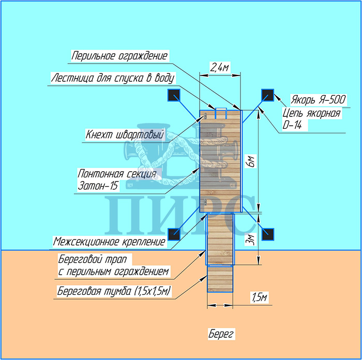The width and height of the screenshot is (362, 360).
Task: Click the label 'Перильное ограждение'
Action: [120, 55]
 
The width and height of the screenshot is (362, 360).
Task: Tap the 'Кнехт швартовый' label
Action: [124, 134]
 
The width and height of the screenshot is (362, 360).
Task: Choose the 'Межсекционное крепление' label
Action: [110, 242]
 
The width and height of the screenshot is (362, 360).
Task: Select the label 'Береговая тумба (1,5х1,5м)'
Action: [114, 292]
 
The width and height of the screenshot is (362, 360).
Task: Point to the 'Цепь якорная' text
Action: [311, 113]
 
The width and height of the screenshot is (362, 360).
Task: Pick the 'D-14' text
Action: [294, 126]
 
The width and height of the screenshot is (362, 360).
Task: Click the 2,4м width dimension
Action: [220, 67]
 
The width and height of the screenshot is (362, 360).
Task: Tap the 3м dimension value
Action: [251, 238]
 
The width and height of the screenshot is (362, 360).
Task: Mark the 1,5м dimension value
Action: [259, 297]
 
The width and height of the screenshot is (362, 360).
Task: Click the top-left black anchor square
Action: [173, 95]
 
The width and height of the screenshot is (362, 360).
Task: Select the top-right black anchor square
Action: [267, 95]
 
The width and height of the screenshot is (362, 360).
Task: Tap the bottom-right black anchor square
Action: [267, 233]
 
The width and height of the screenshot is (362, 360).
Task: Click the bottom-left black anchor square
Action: [173, 233]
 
